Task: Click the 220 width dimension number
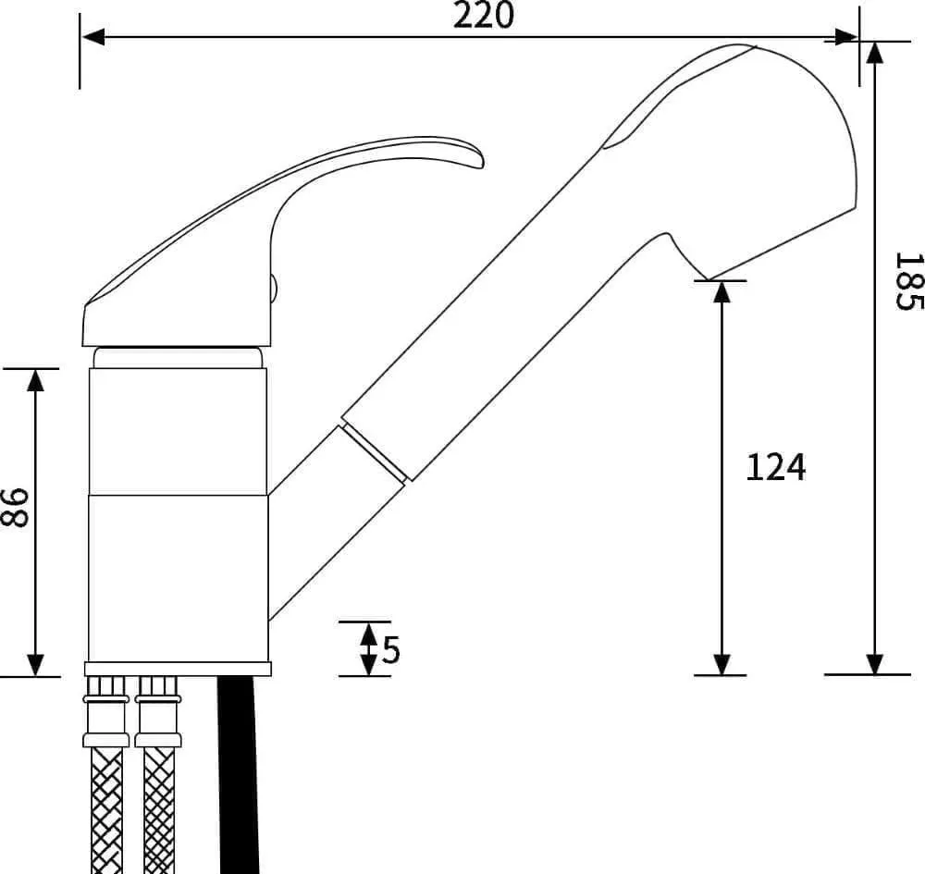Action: (x=483, y=16)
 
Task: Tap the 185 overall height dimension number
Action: (x=908, y=281)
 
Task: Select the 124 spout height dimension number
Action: (x=776, y=467)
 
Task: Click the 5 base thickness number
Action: (x=391, y=649)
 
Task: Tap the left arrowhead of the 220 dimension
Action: (x=93, y=37)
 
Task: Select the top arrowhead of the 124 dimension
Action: (x=721, y=292)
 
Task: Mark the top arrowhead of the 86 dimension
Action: (x=36, y=380)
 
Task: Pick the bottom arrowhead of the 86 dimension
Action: (x=36, y=665)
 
